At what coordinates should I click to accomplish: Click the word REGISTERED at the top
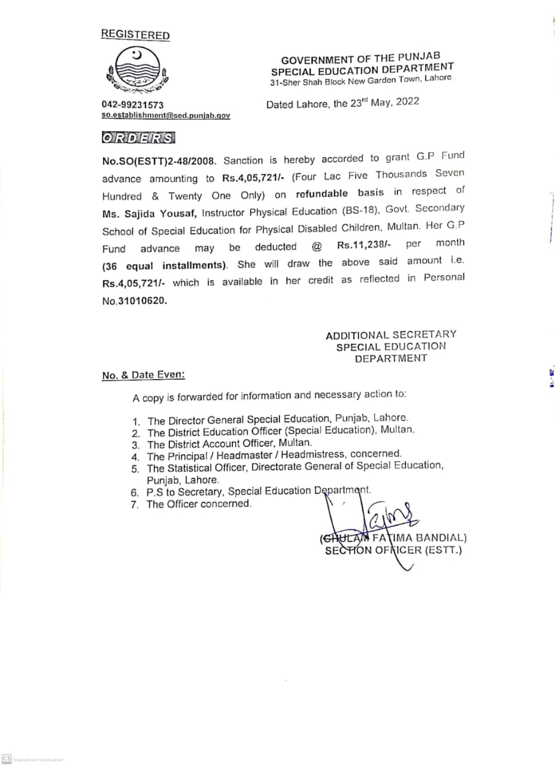coord(135,35)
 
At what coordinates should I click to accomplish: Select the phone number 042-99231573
coord(133,105)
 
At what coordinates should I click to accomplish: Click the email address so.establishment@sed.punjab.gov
coord(166,115)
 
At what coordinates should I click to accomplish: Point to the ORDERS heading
coord(138,138)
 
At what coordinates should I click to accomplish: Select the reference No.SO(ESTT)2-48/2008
coord(154,161)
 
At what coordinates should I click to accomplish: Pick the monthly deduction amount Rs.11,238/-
coord(365,245)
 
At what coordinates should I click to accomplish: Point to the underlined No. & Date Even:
coord(143,375)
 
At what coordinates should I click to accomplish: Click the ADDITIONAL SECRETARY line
coord(390,335)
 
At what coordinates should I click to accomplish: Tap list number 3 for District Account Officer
coord(136,445)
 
